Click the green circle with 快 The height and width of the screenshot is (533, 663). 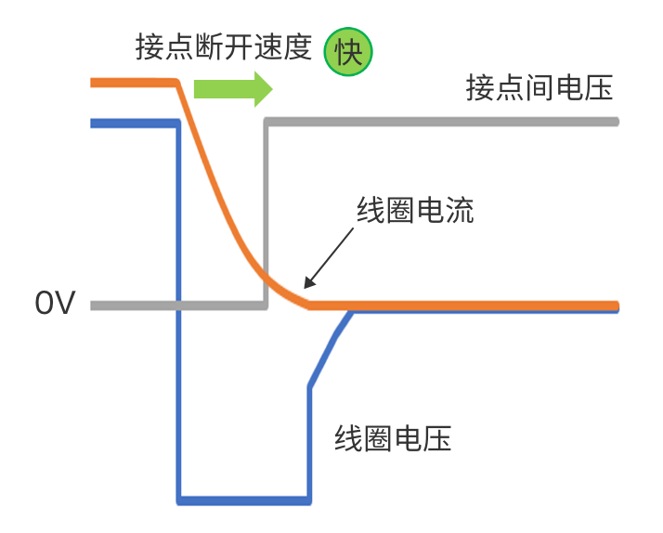347,52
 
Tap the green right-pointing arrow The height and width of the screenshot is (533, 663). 232,89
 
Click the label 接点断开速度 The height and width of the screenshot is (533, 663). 223,47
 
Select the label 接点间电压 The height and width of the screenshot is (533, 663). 539,89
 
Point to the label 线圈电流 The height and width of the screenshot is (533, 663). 415,210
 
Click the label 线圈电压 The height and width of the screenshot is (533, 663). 393,437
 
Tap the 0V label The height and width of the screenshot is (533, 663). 53,304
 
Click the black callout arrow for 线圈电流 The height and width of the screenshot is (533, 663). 329,256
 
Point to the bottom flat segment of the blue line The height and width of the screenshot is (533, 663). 243,500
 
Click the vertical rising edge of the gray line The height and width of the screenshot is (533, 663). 266,214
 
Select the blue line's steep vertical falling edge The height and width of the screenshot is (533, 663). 178,306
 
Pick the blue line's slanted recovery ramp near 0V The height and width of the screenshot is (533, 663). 330,347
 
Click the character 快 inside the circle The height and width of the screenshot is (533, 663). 347,52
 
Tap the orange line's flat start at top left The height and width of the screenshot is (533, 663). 130,84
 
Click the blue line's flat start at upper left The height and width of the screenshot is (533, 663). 130,122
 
